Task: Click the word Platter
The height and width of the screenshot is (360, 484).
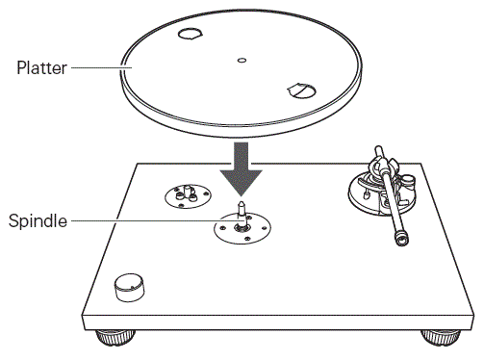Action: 41,68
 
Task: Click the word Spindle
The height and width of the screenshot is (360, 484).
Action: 38,220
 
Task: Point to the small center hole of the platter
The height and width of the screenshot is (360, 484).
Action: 241,61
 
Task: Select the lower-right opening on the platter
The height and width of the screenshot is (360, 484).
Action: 299,90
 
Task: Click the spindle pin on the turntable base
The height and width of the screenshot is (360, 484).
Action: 242,209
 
